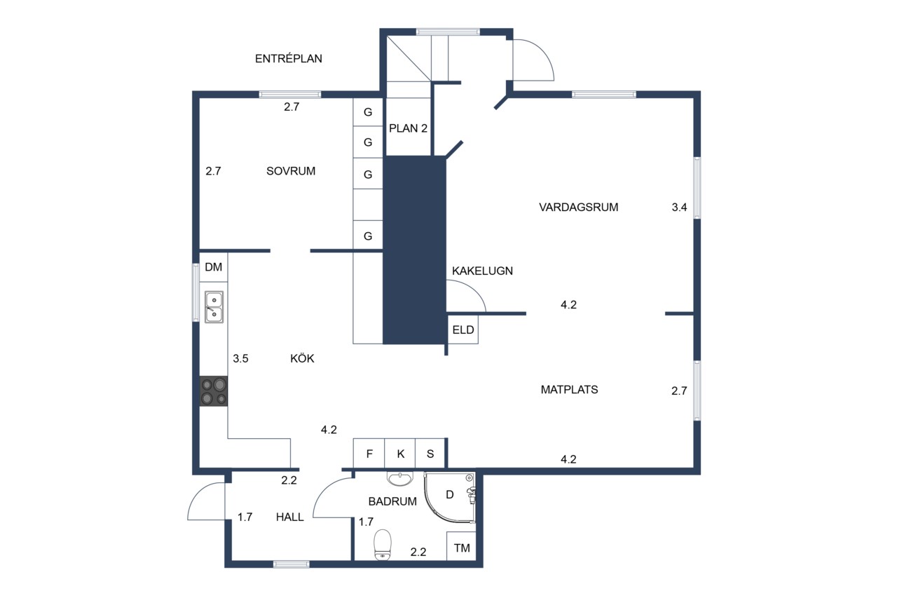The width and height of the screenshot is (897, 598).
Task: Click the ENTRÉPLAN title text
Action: tap(288, 58)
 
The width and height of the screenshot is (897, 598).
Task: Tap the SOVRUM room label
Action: tap(291, 171)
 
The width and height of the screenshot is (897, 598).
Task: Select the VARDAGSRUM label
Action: tap(578, 207)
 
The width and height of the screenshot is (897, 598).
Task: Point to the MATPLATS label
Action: tap(569, 389)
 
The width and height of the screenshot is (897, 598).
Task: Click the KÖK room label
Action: tap(302, 358)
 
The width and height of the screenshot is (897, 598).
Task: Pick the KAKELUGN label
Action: tap(482, 271)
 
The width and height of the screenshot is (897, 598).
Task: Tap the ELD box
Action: tap(463, 329)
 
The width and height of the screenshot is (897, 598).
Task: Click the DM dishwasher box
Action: tap(214, 267)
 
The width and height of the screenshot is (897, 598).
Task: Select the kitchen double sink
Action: tap(214, 307)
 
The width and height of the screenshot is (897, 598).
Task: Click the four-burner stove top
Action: tap(214, 391)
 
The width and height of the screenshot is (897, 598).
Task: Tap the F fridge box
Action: tap(369, 454)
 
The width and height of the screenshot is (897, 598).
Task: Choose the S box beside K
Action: tap(430, 454)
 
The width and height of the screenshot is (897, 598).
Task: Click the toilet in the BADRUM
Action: tap(383, 545)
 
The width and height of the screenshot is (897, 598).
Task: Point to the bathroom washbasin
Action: tap(399, 479)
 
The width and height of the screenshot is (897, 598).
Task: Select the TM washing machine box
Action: tap(461, 547)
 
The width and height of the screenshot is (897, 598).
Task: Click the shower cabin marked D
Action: tap(450, 497)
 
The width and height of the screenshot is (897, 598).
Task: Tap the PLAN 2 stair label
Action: tap(408, 128)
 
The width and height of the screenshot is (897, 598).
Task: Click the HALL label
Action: tap(290, 517)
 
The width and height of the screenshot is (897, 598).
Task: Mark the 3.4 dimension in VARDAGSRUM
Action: tap(679, 207)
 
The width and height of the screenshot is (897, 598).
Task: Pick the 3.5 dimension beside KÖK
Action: tap(240, 358)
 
